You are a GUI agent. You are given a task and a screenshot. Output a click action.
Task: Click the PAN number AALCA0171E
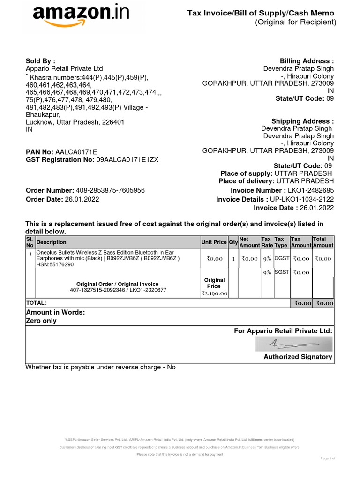(76, 152)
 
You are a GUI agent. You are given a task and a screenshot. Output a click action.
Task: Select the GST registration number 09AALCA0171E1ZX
(127, 159)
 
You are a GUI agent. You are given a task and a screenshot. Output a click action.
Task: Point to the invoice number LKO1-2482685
(311, 190)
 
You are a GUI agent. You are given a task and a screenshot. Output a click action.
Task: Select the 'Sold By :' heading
(40, 60)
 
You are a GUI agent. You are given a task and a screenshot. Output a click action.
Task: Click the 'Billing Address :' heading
(307, 61)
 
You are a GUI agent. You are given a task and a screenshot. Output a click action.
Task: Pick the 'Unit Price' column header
(214, 242)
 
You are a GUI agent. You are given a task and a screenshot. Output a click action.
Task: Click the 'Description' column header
(52, 242)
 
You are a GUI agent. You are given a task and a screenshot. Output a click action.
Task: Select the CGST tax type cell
(282, 258)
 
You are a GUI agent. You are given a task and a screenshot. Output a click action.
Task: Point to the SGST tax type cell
(282, 272)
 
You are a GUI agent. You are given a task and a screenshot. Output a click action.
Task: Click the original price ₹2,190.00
(214, 293)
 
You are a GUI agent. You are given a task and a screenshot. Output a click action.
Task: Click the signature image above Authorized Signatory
(294, 345)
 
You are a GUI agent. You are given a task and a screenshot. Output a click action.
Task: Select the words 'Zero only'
(41, 321)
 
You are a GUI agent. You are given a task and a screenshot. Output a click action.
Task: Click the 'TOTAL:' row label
(37, 303)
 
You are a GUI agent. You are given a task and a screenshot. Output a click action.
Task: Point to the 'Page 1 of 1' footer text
(329, 458)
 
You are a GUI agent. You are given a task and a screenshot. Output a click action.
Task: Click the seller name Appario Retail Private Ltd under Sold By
(64, 68)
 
